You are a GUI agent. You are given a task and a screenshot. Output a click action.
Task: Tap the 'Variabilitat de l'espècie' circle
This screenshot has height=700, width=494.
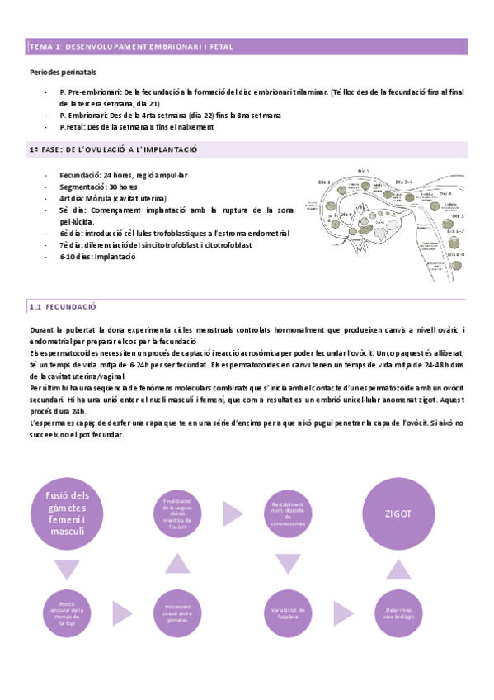point(288,614)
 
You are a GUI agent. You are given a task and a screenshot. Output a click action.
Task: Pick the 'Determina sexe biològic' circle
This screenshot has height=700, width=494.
point(398,614)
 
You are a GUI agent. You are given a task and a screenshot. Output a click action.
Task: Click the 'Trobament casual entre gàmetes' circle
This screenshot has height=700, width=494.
point(178,614)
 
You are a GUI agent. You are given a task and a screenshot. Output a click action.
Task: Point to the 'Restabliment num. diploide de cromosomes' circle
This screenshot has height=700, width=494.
point(288,513)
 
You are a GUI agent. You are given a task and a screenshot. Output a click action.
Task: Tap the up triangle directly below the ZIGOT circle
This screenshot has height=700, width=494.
point(398,569)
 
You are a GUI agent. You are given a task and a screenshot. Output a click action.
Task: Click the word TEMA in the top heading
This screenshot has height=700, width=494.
point(40,48)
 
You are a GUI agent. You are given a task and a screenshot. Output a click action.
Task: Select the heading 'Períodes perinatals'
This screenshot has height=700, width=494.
point(63,73)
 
